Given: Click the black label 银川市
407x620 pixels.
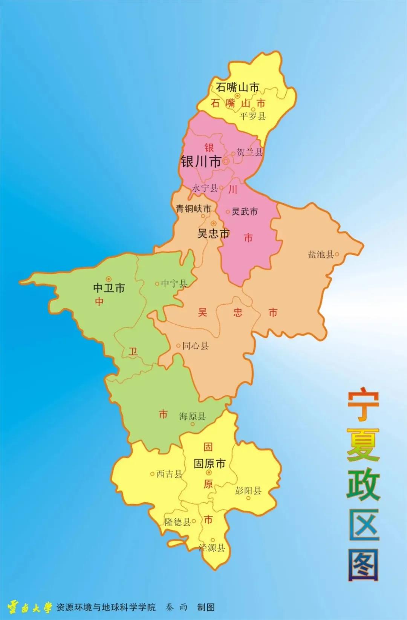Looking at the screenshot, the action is click(200, 162).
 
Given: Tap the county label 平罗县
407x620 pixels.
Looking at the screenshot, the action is click(252, 116).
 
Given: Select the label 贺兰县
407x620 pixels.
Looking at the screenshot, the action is click(249, 152).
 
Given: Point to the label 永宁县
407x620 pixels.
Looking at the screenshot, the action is click(205, 188).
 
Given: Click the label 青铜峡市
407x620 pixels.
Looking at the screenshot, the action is click(194, 209).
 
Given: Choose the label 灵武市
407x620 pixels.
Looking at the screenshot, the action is click(245, 212).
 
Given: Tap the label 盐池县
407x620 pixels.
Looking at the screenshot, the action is click(321, 255).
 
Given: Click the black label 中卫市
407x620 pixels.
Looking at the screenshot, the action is click(109, 288).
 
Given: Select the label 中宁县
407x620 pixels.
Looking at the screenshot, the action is click(174, 284).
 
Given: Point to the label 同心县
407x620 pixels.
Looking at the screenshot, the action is click(195, 345).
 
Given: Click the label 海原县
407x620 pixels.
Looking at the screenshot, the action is click(192, 416).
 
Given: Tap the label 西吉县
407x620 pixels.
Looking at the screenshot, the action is click(169, 474).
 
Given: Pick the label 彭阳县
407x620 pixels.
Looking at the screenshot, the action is click(248, 490).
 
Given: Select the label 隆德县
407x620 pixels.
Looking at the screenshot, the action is click(177, 522).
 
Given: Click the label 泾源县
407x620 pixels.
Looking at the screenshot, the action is click(212, 548).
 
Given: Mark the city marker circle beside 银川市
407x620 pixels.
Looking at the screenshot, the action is click(226, 161).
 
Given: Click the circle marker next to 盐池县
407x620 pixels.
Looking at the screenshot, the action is click(337, 255).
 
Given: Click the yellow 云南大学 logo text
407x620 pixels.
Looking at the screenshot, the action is click(30, 607).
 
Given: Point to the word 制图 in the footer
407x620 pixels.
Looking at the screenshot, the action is click(206, 607).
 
